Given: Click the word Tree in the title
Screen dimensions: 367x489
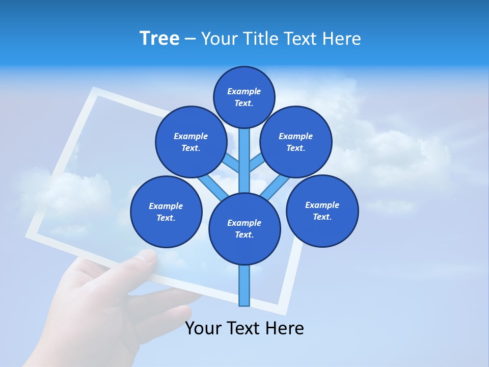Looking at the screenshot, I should pos(159,39).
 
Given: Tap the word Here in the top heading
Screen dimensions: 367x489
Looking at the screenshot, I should pos(342,39).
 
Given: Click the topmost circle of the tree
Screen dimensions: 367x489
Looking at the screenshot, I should pos(244,97).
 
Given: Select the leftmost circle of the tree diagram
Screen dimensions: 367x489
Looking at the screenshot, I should pos(166,212).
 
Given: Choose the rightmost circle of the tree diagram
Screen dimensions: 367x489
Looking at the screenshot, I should pos(322,211).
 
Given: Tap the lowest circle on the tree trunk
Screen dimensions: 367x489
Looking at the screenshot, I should pos(244,228).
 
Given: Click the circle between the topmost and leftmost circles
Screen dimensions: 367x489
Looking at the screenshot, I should pos(191,142).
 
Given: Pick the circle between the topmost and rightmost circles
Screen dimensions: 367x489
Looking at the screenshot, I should pos(295,142).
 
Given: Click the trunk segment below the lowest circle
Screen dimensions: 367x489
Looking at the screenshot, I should pos(244,285).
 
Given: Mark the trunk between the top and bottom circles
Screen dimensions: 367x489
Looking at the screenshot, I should pos(244,161).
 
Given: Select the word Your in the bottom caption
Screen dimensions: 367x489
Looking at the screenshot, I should pos(203,329).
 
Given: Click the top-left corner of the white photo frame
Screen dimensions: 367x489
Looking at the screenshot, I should pos(94,91).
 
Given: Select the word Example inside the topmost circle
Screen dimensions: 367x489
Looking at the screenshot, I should pos(244,91).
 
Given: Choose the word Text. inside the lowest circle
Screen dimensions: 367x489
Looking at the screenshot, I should pos(244,235).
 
